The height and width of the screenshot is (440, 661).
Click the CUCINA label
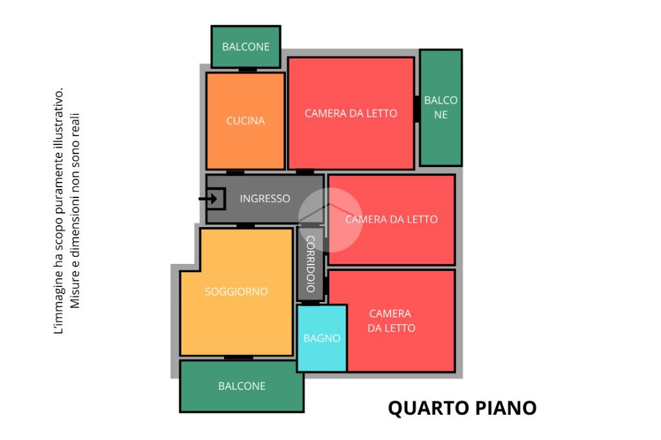coord(245,121)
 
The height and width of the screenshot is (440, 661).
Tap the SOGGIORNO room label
coord(236,292)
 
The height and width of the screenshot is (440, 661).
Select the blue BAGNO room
coord(322,337)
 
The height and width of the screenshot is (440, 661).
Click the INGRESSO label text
coord(265,199)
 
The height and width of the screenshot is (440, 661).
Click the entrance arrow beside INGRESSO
coord(210,199)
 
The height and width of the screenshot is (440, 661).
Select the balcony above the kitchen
coord(246,46)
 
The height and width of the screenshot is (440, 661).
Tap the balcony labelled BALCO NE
coord(441,107)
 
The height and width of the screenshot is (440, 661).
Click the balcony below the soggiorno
coord(241,386)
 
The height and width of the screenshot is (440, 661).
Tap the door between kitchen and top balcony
coord(248,70)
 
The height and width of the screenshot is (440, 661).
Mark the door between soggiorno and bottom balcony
coord(238,357)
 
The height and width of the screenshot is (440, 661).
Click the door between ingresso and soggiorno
coord(245,225)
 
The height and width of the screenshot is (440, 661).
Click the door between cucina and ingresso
coord(235,172)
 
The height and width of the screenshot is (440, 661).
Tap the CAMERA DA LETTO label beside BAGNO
coord(391,321)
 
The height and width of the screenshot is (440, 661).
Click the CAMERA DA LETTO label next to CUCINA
coord(351,114)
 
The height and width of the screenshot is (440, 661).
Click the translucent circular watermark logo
coord(330,219)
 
